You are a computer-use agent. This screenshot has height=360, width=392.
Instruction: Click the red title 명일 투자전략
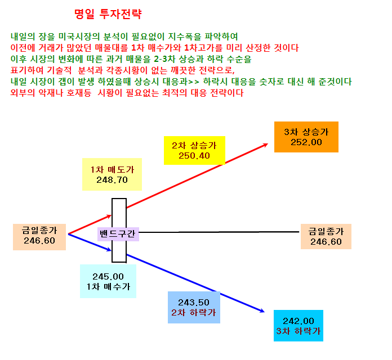point(108,14)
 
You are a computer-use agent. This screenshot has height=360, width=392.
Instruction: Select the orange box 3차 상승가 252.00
point(306,137)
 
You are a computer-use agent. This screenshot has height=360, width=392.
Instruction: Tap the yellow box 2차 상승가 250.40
point(194,150)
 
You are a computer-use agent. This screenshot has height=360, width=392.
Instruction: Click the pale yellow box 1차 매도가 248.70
point(112,174)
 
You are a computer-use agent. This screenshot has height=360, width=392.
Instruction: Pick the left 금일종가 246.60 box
point(39,237)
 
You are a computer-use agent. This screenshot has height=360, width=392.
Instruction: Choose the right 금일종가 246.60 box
point(326,236)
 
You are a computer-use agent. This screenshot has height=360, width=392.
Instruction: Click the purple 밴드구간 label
point(118,234)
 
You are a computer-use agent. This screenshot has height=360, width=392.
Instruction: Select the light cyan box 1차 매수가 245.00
point(108,281)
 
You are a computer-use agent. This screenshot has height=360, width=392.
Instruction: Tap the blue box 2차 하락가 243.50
point(194,307)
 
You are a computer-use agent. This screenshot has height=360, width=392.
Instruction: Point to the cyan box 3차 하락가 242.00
point(299,326)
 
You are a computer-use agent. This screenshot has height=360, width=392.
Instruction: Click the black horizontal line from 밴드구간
point(219,232)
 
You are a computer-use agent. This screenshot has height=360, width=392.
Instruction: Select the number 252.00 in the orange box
point(306,142)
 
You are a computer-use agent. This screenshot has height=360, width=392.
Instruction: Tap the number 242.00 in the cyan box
point(299,321)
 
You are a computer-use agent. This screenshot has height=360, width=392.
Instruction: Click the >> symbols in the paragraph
point(194,82)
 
